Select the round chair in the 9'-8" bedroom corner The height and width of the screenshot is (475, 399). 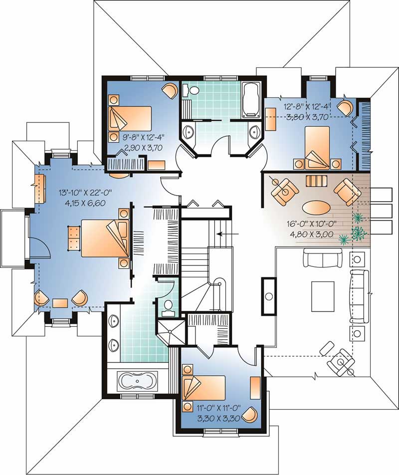coord(169,91)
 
